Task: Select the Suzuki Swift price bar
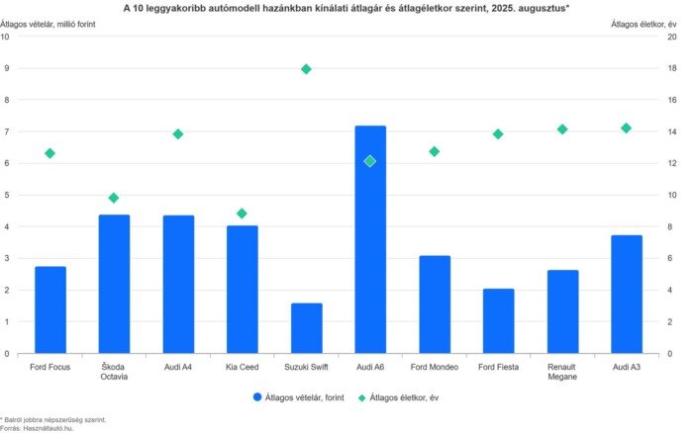(306, 328)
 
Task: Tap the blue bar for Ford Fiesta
(498, 321)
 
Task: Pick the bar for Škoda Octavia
(114, 284)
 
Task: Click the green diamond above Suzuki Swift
(306, 69)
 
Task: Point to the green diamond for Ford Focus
(49, 153)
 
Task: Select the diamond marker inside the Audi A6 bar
(370, 161)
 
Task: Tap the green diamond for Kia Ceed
(242, 214)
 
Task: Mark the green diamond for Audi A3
(626, 129)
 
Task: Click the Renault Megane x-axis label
(562, 372)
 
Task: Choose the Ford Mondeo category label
(434, 367)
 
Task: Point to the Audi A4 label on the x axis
(178, 367)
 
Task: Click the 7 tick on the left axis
(6, 131)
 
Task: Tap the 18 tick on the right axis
(673, 68)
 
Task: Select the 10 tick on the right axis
(673, 195)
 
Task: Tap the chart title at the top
(346, 7)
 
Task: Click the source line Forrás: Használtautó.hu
(38, 427)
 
